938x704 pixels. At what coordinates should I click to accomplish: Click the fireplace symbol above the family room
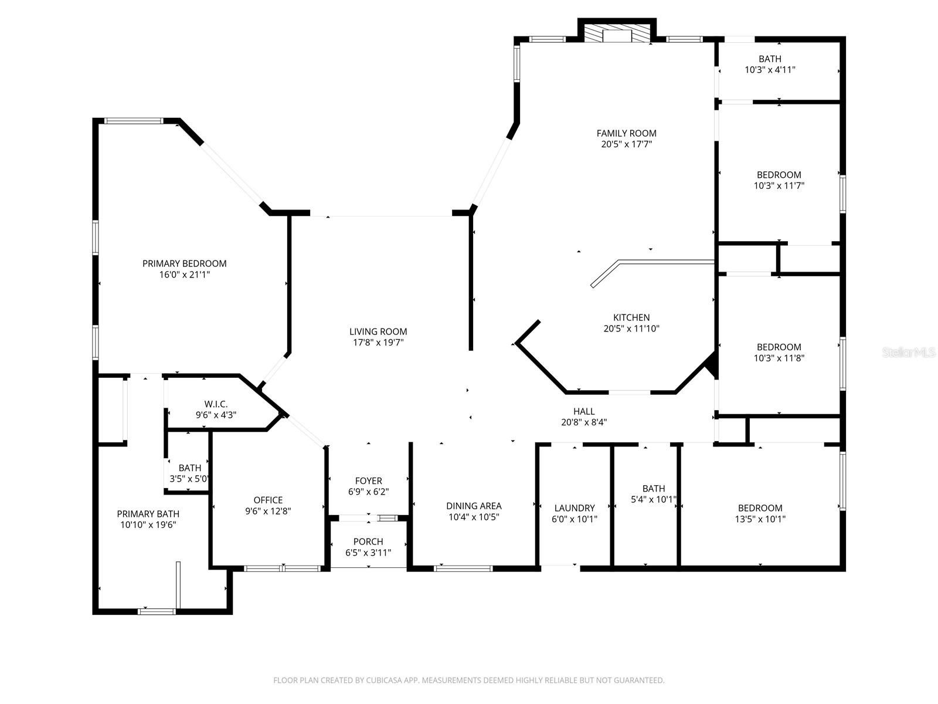(x=616, y=33)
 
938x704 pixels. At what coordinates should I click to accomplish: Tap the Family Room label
(x=626, y=133)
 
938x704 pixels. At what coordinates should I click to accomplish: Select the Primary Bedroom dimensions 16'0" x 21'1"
(x=184, y=274)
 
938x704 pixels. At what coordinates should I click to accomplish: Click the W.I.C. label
(x=216, y=404)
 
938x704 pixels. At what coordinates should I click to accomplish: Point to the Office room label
(x=268, y=500)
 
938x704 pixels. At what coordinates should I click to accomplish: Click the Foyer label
(x=368, y=480)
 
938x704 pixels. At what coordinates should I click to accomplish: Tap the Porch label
(x=368, y=541)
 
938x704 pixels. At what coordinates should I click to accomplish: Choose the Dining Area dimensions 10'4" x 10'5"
(x=473, y=517)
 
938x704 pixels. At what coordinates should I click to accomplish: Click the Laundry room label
(x=575, y=507)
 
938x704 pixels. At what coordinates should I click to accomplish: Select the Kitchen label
(x=631, y=317)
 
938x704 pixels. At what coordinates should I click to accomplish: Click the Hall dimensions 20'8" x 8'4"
(x=583, y=421)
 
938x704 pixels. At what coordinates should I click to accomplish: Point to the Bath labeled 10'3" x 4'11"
(x=770, y=64)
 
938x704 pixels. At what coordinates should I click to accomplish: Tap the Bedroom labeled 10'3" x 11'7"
(x=779, y=180)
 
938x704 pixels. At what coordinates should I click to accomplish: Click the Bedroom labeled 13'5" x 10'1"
(x=760, y=513)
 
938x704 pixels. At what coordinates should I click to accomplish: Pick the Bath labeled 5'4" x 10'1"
(x=653, y=494)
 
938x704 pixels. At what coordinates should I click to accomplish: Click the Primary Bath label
(x=148, y=514)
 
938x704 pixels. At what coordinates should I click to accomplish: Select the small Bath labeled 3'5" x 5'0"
(x=189, y=473)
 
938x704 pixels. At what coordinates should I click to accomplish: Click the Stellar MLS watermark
(x=909, y=353)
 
